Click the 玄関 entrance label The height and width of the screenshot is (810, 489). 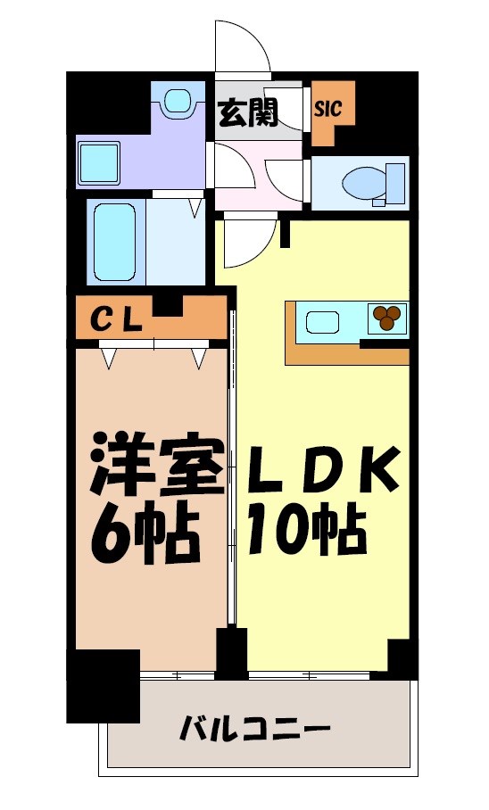(249, 112)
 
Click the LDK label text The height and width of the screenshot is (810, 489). (323, 468)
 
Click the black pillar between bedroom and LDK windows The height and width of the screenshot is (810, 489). (232, 652)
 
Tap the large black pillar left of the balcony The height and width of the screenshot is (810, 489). (103, 685)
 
